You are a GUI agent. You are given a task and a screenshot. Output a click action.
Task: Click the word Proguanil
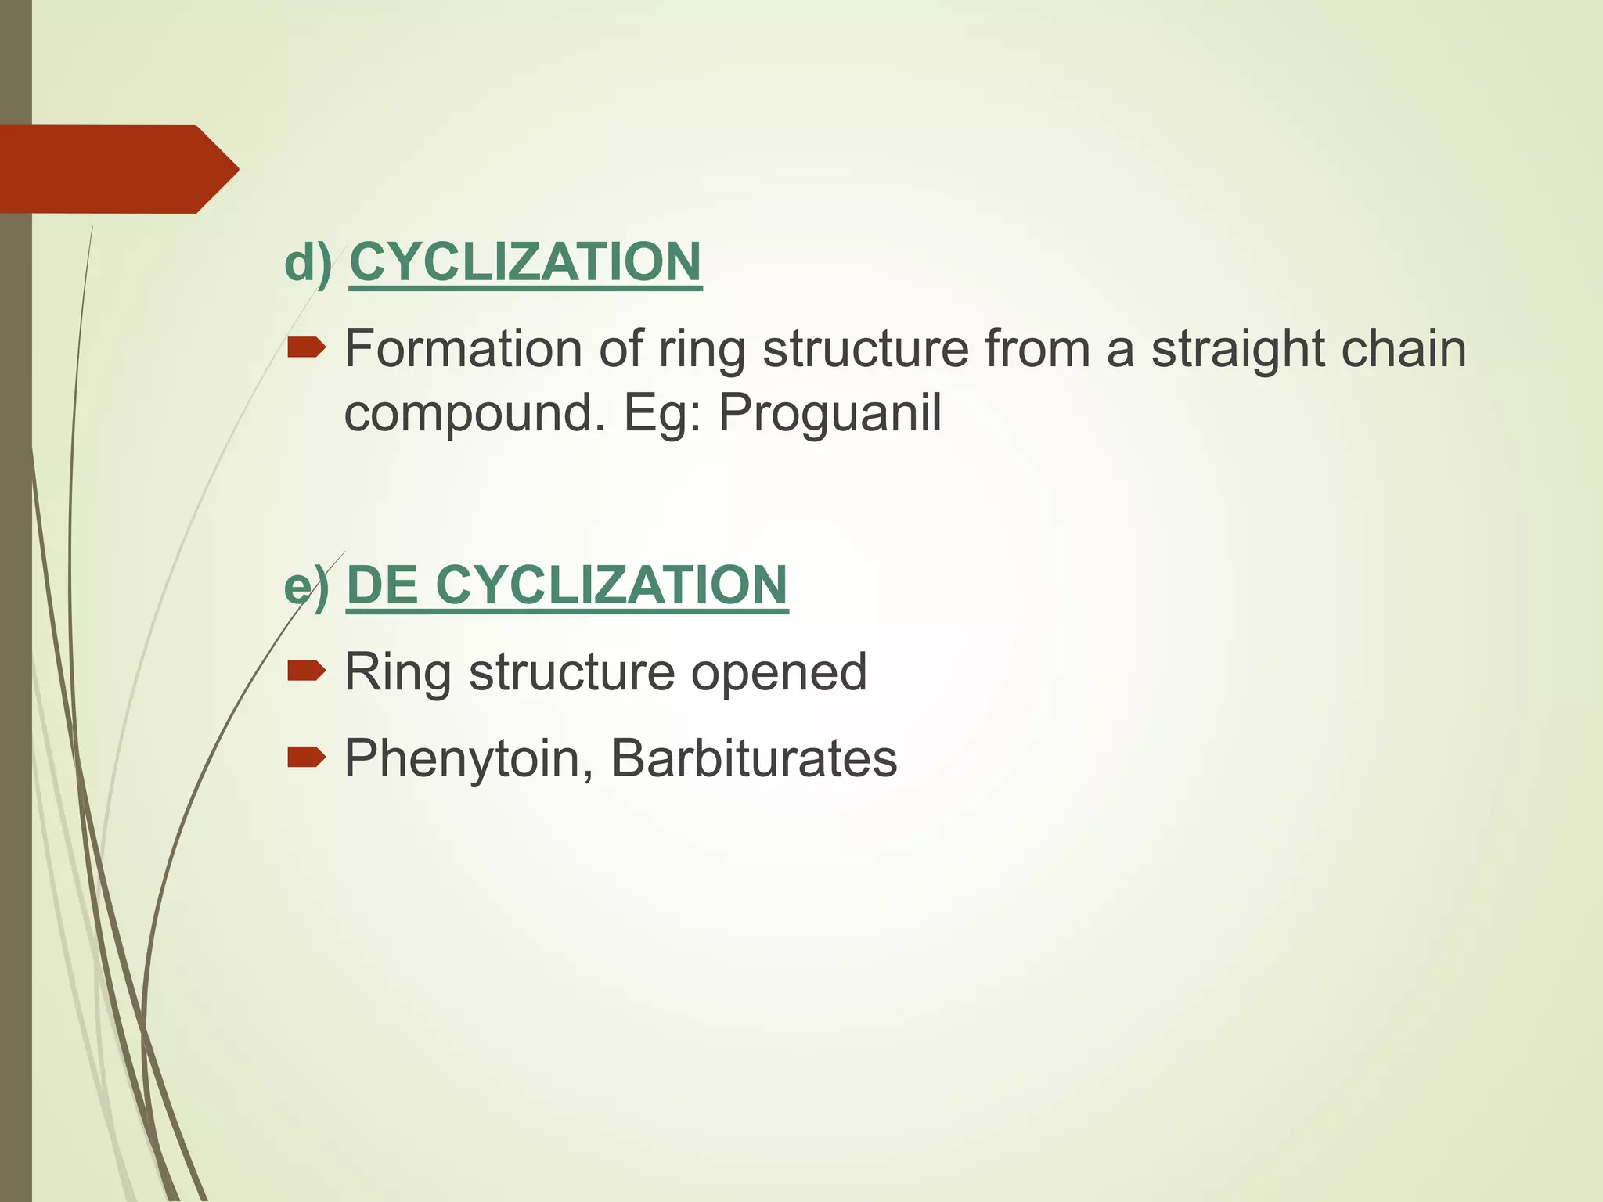[830, 414]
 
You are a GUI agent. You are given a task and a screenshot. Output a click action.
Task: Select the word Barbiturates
[754, 759]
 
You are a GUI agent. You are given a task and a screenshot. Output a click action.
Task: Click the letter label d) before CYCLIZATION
[308, 262]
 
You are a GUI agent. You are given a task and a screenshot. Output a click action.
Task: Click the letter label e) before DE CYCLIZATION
[306, 586]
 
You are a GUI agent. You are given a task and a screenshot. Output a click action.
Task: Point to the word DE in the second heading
[382, 585]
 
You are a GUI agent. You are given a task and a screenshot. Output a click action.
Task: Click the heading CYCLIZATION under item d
[525, 262]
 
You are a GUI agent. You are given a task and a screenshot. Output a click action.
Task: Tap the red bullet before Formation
[306, 347]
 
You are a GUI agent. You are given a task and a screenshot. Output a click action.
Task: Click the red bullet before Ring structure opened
[306, 671]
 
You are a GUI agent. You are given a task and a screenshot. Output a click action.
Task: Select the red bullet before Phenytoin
[306, 757]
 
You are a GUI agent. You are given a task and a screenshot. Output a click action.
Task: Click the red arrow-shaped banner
[117, 169]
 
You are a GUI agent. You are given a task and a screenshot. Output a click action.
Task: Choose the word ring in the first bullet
[701, 351]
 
